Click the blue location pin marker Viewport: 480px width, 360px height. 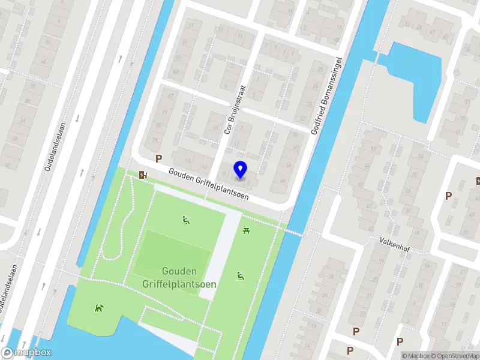point(241,169)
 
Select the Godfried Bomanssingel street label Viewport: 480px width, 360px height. point(326,96)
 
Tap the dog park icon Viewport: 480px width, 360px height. point(98,308)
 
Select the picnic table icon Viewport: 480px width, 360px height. point(246,230)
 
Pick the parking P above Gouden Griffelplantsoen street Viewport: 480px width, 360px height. point(159,159)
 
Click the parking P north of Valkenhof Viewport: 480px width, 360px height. point(448,196)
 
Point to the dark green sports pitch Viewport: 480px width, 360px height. point(172,256)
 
